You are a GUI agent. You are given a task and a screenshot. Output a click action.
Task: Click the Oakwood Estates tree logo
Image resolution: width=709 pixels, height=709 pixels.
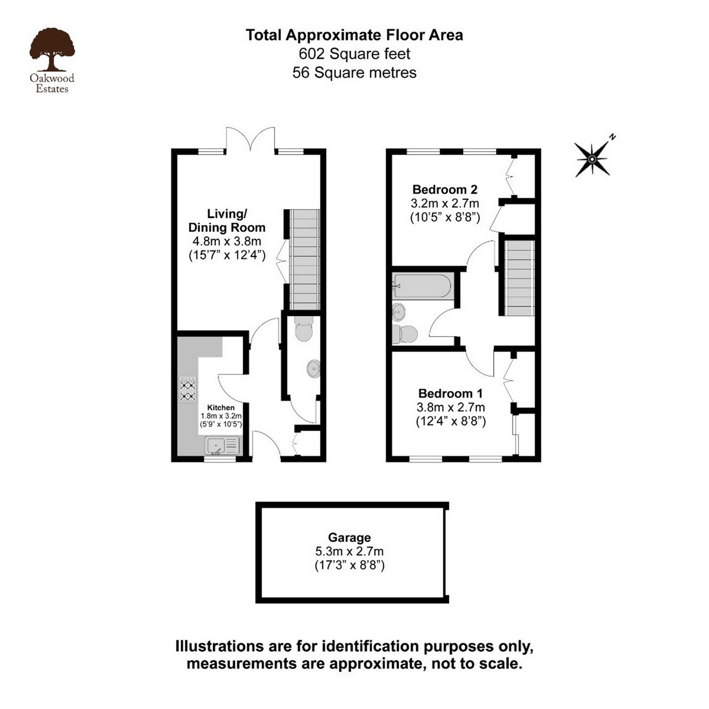(52, 50)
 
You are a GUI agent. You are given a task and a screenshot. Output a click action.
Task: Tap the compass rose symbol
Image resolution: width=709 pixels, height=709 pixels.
(592, 159)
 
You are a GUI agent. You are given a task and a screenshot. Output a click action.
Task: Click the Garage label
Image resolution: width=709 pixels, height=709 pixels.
(349, 537)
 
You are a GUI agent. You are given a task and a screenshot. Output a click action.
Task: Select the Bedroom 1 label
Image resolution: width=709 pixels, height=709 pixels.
(450, 393)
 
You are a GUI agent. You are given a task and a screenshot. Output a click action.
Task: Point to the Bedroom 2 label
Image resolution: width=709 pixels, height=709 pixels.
(444, 190)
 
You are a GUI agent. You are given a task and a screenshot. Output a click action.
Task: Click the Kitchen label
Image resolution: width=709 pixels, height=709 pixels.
(221, 408)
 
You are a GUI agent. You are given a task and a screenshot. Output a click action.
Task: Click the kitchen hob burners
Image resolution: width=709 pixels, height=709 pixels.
(187, 390)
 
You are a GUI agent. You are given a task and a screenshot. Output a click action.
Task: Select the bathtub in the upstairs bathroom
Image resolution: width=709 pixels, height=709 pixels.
(422, 286)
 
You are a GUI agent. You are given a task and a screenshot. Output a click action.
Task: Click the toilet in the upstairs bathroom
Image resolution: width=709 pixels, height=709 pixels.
(405, 334)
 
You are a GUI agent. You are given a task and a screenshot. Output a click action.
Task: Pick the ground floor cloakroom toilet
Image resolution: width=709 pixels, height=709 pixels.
(304, 329)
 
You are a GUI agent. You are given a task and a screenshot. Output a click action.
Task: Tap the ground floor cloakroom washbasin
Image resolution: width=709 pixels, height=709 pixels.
(314, 369)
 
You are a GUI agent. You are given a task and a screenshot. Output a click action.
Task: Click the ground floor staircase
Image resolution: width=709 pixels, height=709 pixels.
(305, 259)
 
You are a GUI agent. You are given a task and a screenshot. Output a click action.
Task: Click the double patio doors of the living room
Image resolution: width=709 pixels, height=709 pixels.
(250, 141)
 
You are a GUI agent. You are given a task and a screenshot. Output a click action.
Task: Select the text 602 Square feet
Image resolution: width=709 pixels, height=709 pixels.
(354, 54)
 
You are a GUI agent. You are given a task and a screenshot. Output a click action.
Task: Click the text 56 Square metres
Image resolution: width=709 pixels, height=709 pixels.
(354, 72)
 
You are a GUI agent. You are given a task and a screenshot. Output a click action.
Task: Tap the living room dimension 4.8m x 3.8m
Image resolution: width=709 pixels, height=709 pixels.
(227, 242)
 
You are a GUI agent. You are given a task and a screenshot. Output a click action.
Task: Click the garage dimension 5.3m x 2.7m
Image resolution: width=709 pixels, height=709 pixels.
(349, 551)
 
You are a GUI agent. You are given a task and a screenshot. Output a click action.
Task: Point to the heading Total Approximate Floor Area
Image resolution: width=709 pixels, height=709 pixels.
(354, 35)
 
